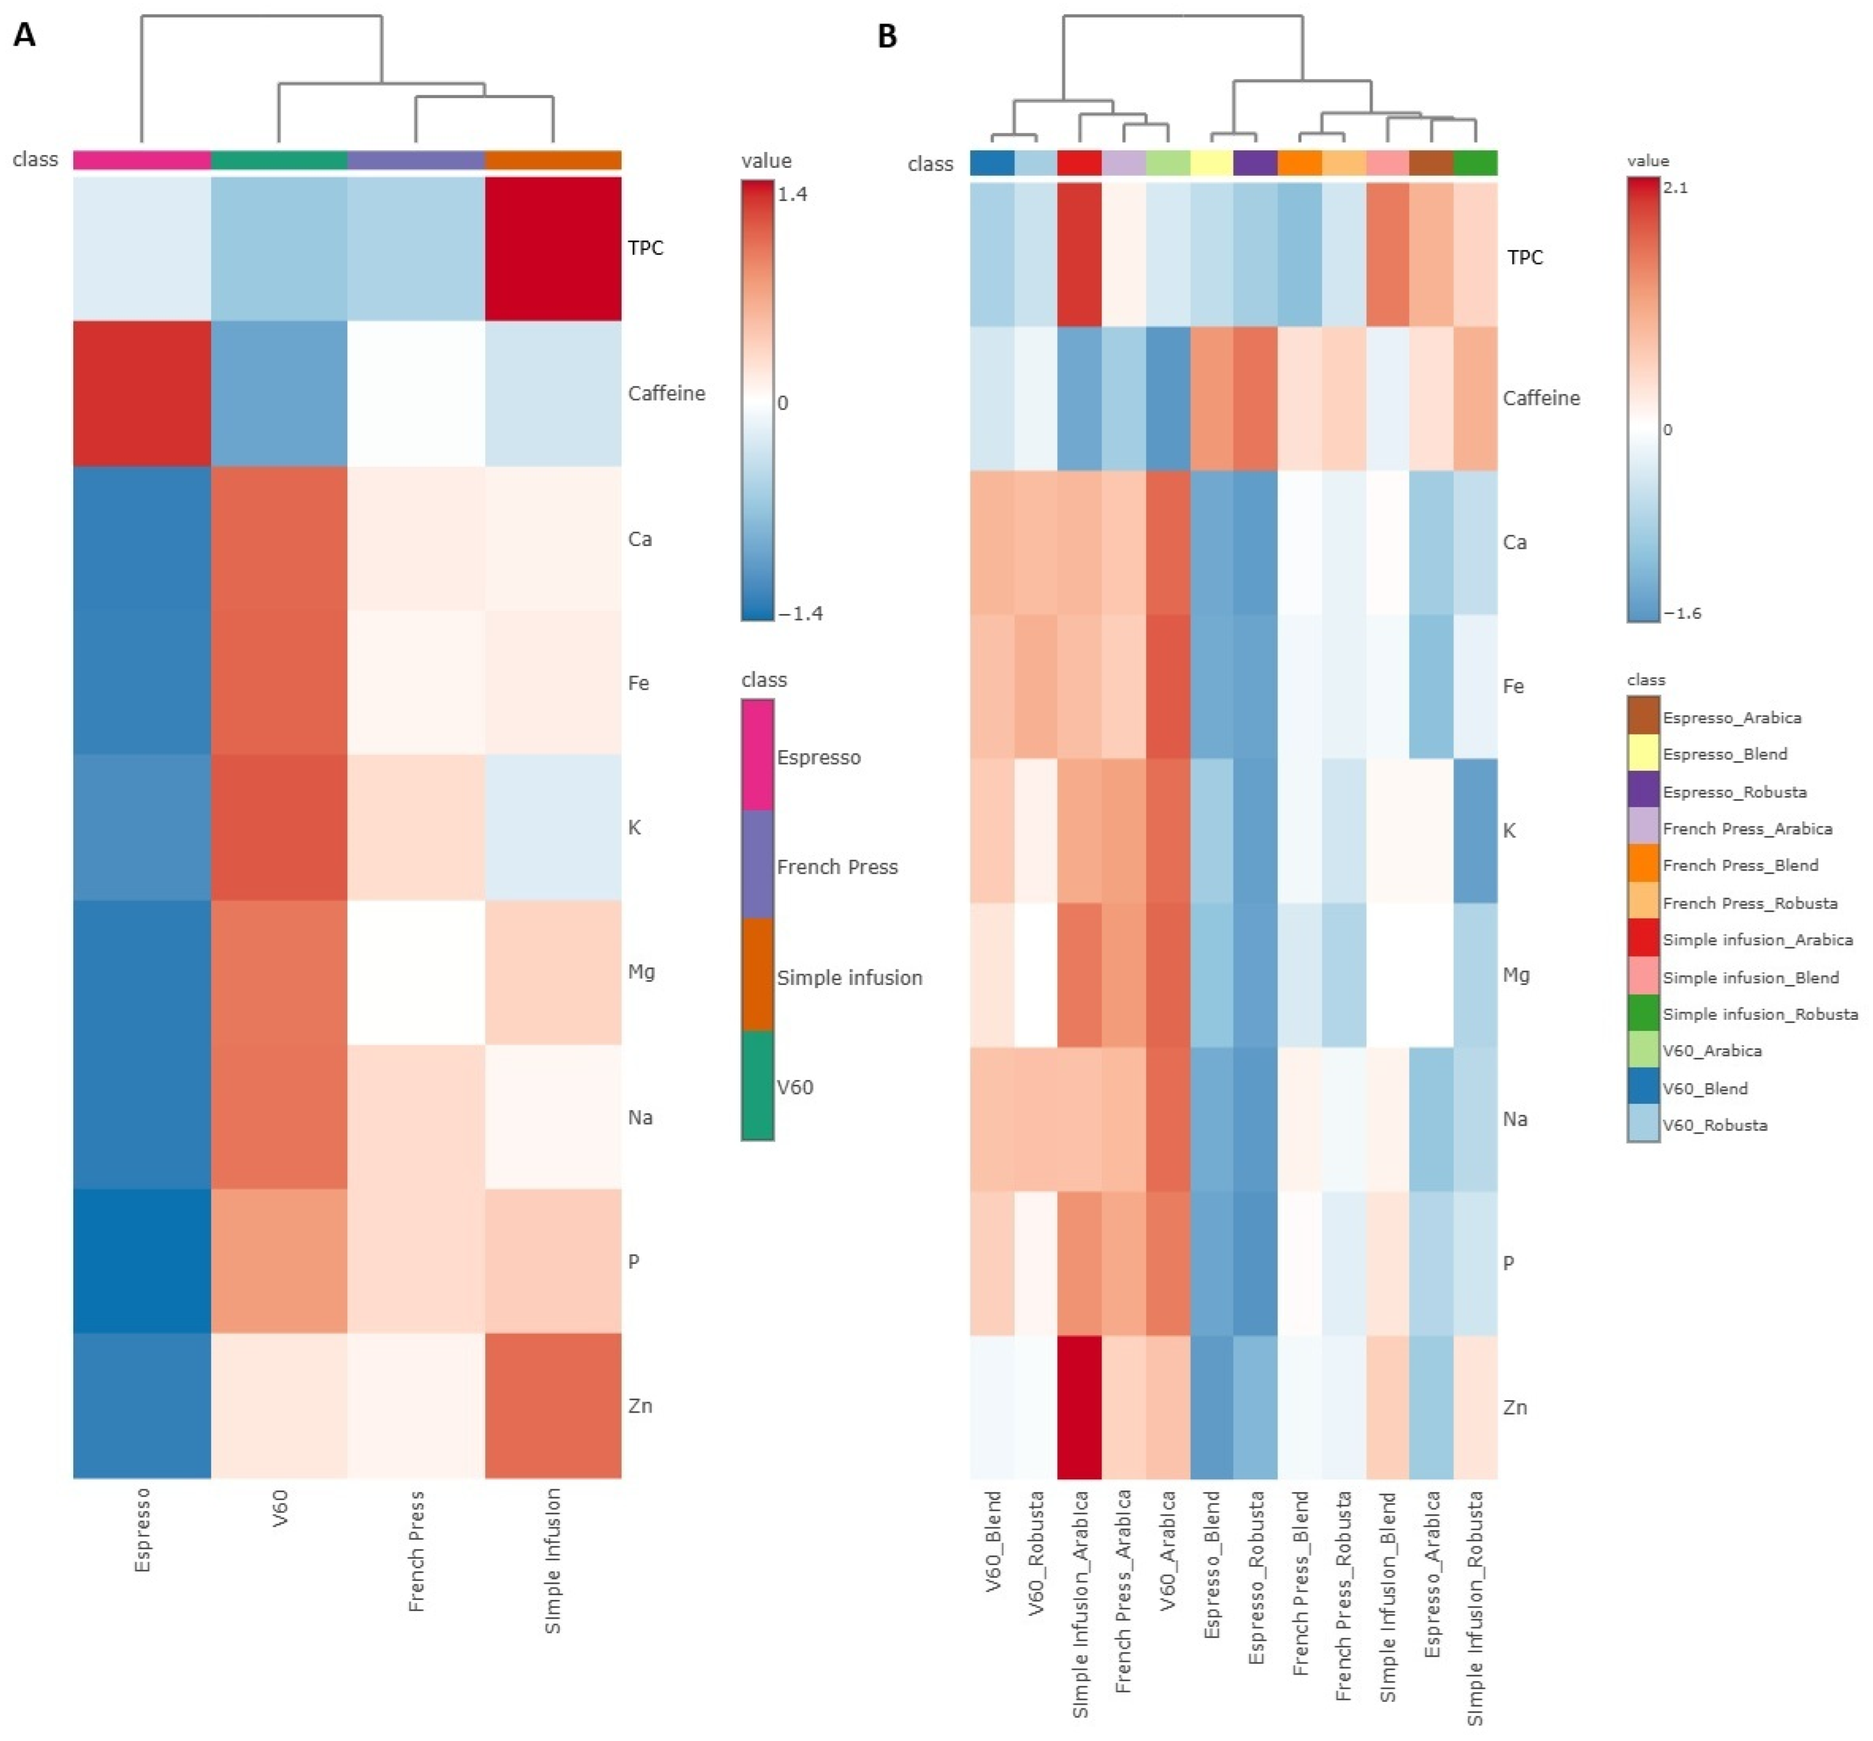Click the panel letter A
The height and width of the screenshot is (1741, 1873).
[24, 36]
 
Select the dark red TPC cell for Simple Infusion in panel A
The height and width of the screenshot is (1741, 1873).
[553, 249]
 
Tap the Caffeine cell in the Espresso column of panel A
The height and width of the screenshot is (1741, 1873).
[141, 394]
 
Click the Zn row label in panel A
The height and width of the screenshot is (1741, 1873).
[640, 1406]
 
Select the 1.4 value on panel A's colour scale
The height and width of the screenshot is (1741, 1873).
[793, 194]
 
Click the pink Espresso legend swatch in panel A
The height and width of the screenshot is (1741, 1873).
[758, 756]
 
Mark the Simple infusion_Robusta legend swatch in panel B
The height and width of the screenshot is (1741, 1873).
[1643, 1014]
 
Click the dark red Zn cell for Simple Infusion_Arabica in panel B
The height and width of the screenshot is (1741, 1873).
[1080, 1407]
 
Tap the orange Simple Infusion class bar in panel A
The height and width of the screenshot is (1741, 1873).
[553, 160]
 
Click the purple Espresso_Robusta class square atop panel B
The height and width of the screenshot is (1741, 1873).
[1255, 163]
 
